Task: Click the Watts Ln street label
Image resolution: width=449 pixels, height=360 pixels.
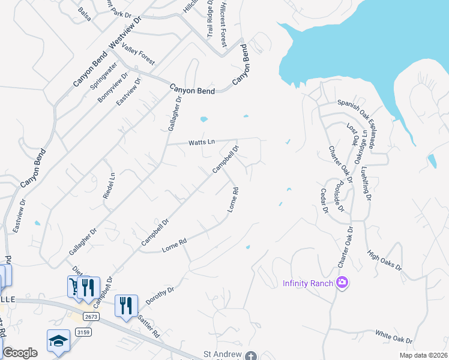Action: pos(202,142)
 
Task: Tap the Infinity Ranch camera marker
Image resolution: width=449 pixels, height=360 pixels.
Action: pos(342,282)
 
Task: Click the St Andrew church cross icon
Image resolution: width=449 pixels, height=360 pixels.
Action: pos(250,356)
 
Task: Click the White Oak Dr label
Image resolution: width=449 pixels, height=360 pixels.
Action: pos(394,336)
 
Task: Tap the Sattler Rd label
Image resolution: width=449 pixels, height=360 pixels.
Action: pos(148,325)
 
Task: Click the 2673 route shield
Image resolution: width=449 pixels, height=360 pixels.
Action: pos(91,316)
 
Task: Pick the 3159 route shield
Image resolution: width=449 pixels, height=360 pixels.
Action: pos(83,332)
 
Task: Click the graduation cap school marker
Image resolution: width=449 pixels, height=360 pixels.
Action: pos(59,341)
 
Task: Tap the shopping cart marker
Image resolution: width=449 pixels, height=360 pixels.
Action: pos(74,287)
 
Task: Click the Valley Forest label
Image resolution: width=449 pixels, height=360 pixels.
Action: pos(138,55)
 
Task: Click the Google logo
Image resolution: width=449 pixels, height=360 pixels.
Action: pos(20,353)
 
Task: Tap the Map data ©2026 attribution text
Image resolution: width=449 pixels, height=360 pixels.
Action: pos(423,355)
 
